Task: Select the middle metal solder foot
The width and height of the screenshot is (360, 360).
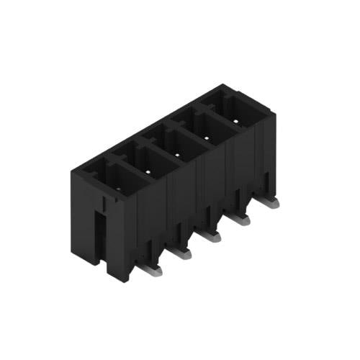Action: [x=210, y=235]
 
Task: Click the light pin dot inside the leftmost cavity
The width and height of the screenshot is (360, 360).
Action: [x=119, y=189]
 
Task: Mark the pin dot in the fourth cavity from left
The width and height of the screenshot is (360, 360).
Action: [x=207, y=137]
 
